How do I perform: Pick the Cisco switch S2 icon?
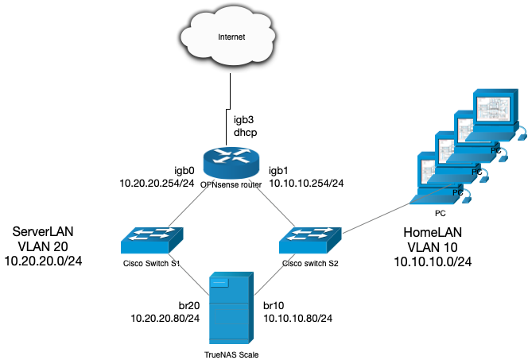(x=311, y=236)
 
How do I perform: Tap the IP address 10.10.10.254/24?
(x=306, y=184)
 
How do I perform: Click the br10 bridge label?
(x=276, y=304)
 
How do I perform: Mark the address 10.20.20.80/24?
(x=165, y=318)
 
